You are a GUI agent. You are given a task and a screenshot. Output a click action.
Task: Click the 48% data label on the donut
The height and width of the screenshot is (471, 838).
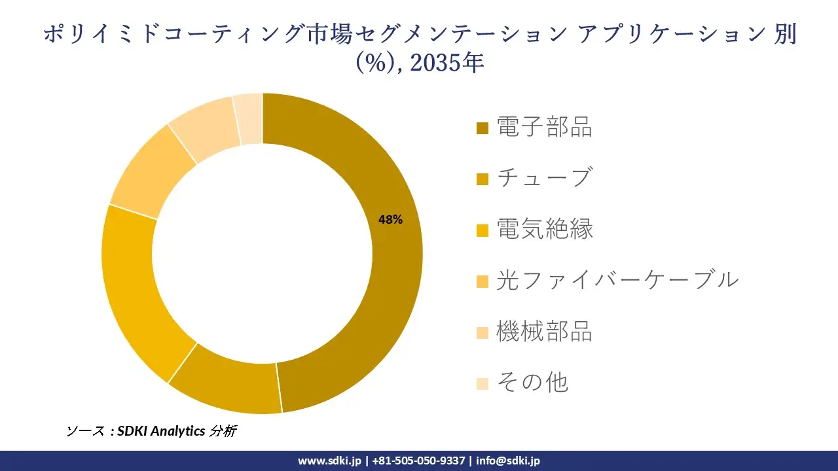pyautogui.click(x=390, y=220)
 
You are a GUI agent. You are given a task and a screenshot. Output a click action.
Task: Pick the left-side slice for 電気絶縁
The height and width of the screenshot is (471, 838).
pyautogui.click(x=134, y=288)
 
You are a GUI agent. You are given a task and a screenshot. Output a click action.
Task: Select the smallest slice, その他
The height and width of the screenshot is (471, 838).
pyautogui.click(x=249, y=119)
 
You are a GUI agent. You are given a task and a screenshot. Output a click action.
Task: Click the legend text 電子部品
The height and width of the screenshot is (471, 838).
pyautogui.click(x=544, y=127)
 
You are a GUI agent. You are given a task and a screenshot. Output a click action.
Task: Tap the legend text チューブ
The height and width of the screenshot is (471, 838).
pyautogui.click(x=544, y=178)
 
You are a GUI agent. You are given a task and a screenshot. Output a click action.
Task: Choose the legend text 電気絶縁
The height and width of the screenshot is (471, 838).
pyautogui.click(x=544, y=229)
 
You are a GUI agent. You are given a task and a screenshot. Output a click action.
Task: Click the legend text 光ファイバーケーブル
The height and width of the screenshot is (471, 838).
pyautogui.click(x=617, y=280)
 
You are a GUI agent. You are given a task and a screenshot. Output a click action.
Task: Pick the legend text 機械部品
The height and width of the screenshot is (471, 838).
pyautogui.click(x=544, y=332)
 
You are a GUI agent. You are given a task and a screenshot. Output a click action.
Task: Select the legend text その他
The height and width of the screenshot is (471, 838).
pyautogui.click(x=532, y=383)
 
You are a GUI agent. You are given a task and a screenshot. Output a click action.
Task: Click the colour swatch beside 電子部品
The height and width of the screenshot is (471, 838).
pyautogui.click(x=483, y=128)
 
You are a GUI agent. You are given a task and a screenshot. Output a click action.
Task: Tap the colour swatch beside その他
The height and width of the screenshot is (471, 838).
pyautogui.click(x=483, y=384)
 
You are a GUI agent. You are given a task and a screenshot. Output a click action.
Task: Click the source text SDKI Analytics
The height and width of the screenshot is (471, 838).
pyautogui.click(x=161, y=431)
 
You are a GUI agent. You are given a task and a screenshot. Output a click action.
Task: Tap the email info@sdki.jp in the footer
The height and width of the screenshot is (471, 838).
pyautogui.click(x=507, y=461)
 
